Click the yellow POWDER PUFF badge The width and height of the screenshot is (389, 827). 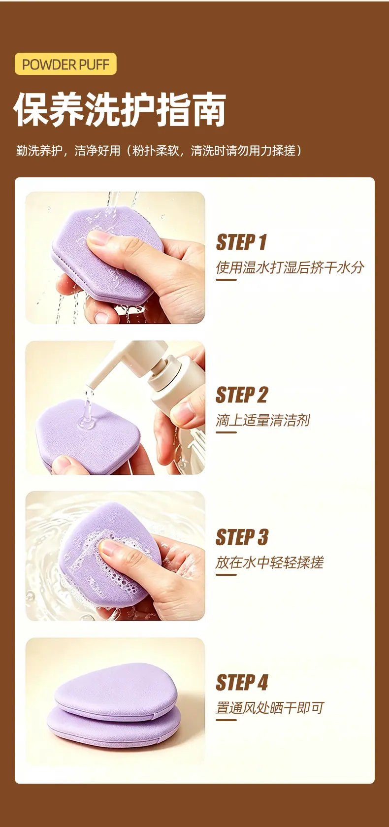pyautogui.click(x=65, y=64)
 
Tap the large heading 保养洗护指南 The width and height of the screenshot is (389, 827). pyautogui.click(x=120, y=109)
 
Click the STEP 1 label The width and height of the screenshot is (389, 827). pyautogui.click(x=241, y=242)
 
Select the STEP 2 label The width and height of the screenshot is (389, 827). pyautogui.click(x=242, y=395)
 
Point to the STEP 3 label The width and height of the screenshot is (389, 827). pyautogui.click(x=242, y=537)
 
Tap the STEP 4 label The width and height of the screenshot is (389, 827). pyautogui.click(x=242, y=682)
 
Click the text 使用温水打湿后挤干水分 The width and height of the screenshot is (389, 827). pyautogui.click(x=290, y=267)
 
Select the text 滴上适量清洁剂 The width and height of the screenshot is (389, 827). pyautogui.click(x=263, y=420)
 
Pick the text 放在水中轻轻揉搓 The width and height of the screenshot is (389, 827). pyautogui.click(x=270, y=562)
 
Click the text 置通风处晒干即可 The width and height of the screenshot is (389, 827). pyautogui.click(x=270, y=707)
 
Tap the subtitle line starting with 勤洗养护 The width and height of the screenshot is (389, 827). pyautogui.click(x=159, y=151)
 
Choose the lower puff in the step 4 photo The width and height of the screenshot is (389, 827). pyautogui.click(x=114, y=726)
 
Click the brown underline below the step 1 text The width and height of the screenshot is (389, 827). pyautogui.click(x=226, y=279)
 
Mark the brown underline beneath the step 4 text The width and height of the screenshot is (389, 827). pyautogui.click(x=226, y=720)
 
